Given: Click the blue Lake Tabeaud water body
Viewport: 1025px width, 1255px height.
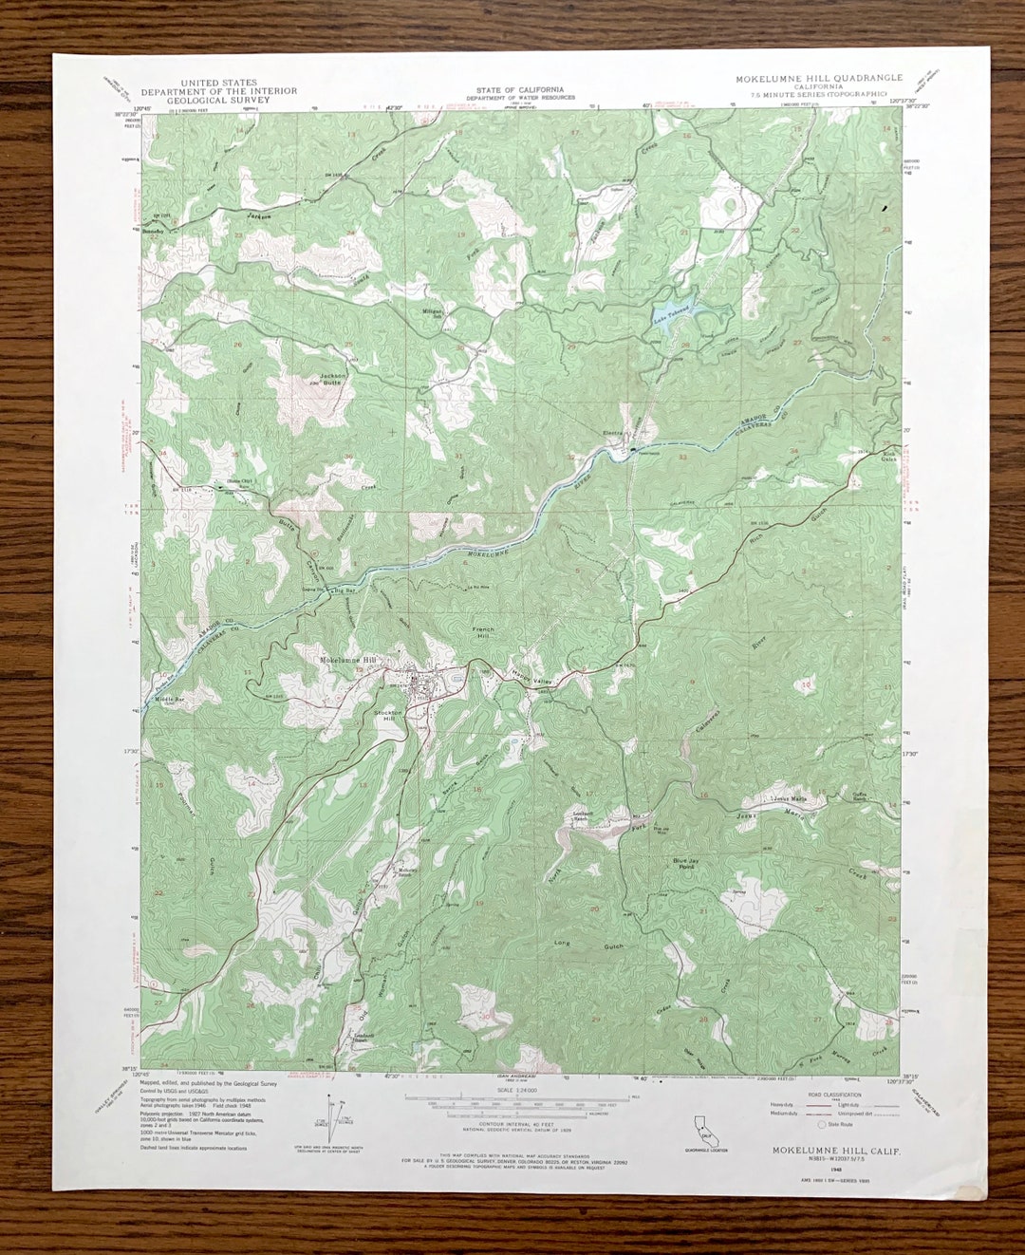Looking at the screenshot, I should (673, 313).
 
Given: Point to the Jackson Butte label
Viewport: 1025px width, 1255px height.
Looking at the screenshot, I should (332, 379).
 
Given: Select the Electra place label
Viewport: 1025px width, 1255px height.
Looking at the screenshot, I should (613, 434).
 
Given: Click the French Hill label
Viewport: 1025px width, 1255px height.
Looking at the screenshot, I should (484, 634).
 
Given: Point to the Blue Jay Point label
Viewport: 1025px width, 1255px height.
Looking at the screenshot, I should (685, 864).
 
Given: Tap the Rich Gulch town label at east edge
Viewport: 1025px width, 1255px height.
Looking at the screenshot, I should (888, 457).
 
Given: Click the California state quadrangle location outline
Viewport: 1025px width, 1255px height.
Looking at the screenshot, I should (703, 1129).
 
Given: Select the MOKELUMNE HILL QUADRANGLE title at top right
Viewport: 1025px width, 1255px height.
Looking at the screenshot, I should (818, 79).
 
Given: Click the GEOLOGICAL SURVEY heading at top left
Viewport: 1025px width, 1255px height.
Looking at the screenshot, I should (218, 100).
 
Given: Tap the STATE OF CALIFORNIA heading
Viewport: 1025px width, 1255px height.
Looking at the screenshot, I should (513, 89).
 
